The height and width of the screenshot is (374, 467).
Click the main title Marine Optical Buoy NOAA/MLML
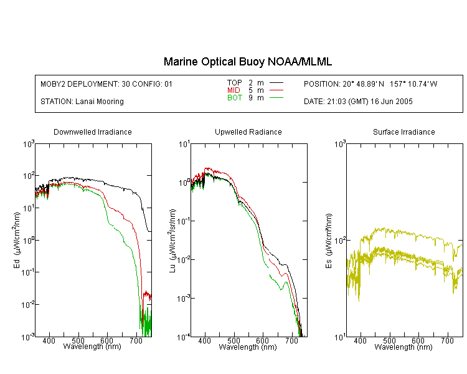pyautogui.click(x=247, y=62)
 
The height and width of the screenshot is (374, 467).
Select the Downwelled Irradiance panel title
pyautogui.click(x=93, y=132)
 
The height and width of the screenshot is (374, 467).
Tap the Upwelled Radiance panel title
pyautogui.click(x=248, y=132)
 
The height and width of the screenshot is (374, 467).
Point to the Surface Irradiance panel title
pyautogui.click(x=404, y=132)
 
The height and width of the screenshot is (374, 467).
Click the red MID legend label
pyautogui.click(x=233, y=90)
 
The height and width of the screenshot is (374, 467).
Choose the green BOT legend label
pyautogui.click(x=235, y=98)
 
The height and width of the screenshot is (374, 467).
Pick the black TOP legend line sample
pyautogui.click(x=276, y=83)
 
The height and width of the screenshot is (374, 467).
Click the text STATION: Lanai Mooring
pyautogui.click(x=82, y=102)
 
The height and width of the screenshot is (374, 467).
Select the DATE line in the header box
pyautogui.click(x=358, y=102)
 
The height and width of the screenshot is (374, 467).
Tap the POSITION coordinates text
pyautogui.click(x=370, y=84)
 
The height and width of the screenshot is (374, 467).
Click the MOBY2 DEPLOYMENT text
pyautogui.click(x=106, y=84)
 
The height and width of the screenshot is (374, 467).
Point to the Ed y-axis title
pyautogui.click(x=17, y=241)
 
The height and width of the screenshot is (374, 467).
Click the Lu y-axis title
pyautogui.click(x=172, y=241)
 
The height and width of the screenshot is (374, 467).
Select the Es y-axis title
pyautogui.click(x=329, y=241)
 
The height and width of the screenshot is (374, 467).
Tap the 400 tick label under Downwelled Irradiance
pyautogui.click(x=49, y=340)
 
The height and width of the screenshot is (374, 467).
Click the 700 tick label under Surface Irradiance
pyautogui.click(x=447, y=340)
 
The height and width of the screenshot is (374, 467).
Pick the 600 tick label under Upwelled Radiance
pyautogui.click(x=262, y=340)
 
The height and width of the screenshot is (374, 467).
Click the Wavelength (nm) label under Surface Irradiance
pyautogui.click(x=403, y=347)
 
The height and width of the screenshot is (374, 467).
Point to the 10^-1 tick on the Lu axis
pyautogui.click(x=184, y=221)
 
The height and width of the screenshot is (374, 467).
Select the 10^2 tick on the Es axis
pyautogui.click(x=340, y=240)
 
